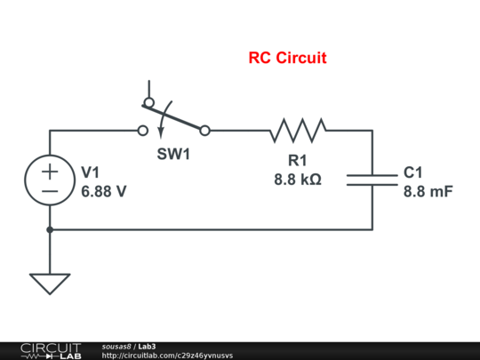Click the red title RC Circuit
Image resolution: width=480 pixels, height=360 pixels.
[x=287, y=59]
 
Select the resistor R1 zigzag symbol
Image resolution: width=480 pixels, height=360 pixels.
[x=298, y=131]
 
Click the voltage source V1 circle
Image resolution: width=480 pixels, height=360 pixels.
[x=50, y=180]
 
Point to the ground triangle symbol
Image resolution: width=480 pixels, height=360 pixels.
[x=50, y=284]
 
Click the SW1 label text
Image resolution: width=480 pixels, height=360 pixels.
[x=174, y=154]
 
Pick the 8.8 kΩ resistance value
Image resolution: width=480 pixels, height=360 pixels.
[x=298, y=179]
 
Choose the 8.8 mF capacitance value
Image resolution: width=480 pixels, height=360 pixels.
[x=428, y=189]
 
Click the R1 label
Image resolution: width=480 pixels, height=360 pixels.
[x=298, y=161]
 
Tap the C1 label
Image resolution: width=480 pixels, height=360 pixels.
[x=414, y=172]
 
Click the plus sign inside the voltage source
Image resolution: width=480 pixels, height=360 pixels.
[x=50, y=170]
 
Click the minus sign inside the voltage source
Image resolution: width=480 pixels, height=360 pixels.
[x=50, y=189]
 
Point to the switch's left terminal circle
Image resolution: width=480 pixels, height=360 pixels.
[x=142, y=131]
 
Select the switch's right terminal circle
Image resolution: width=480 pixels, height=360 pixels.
[x=205, y=131]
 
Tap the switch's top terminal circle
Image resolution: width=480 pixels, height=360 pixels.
[x=148, y=102]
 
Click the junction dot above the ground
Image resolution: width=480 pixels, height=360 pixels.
[x=50, y=229]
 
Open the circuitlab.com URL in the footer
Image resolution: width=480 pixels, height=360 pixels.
[x=167, y=355]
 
